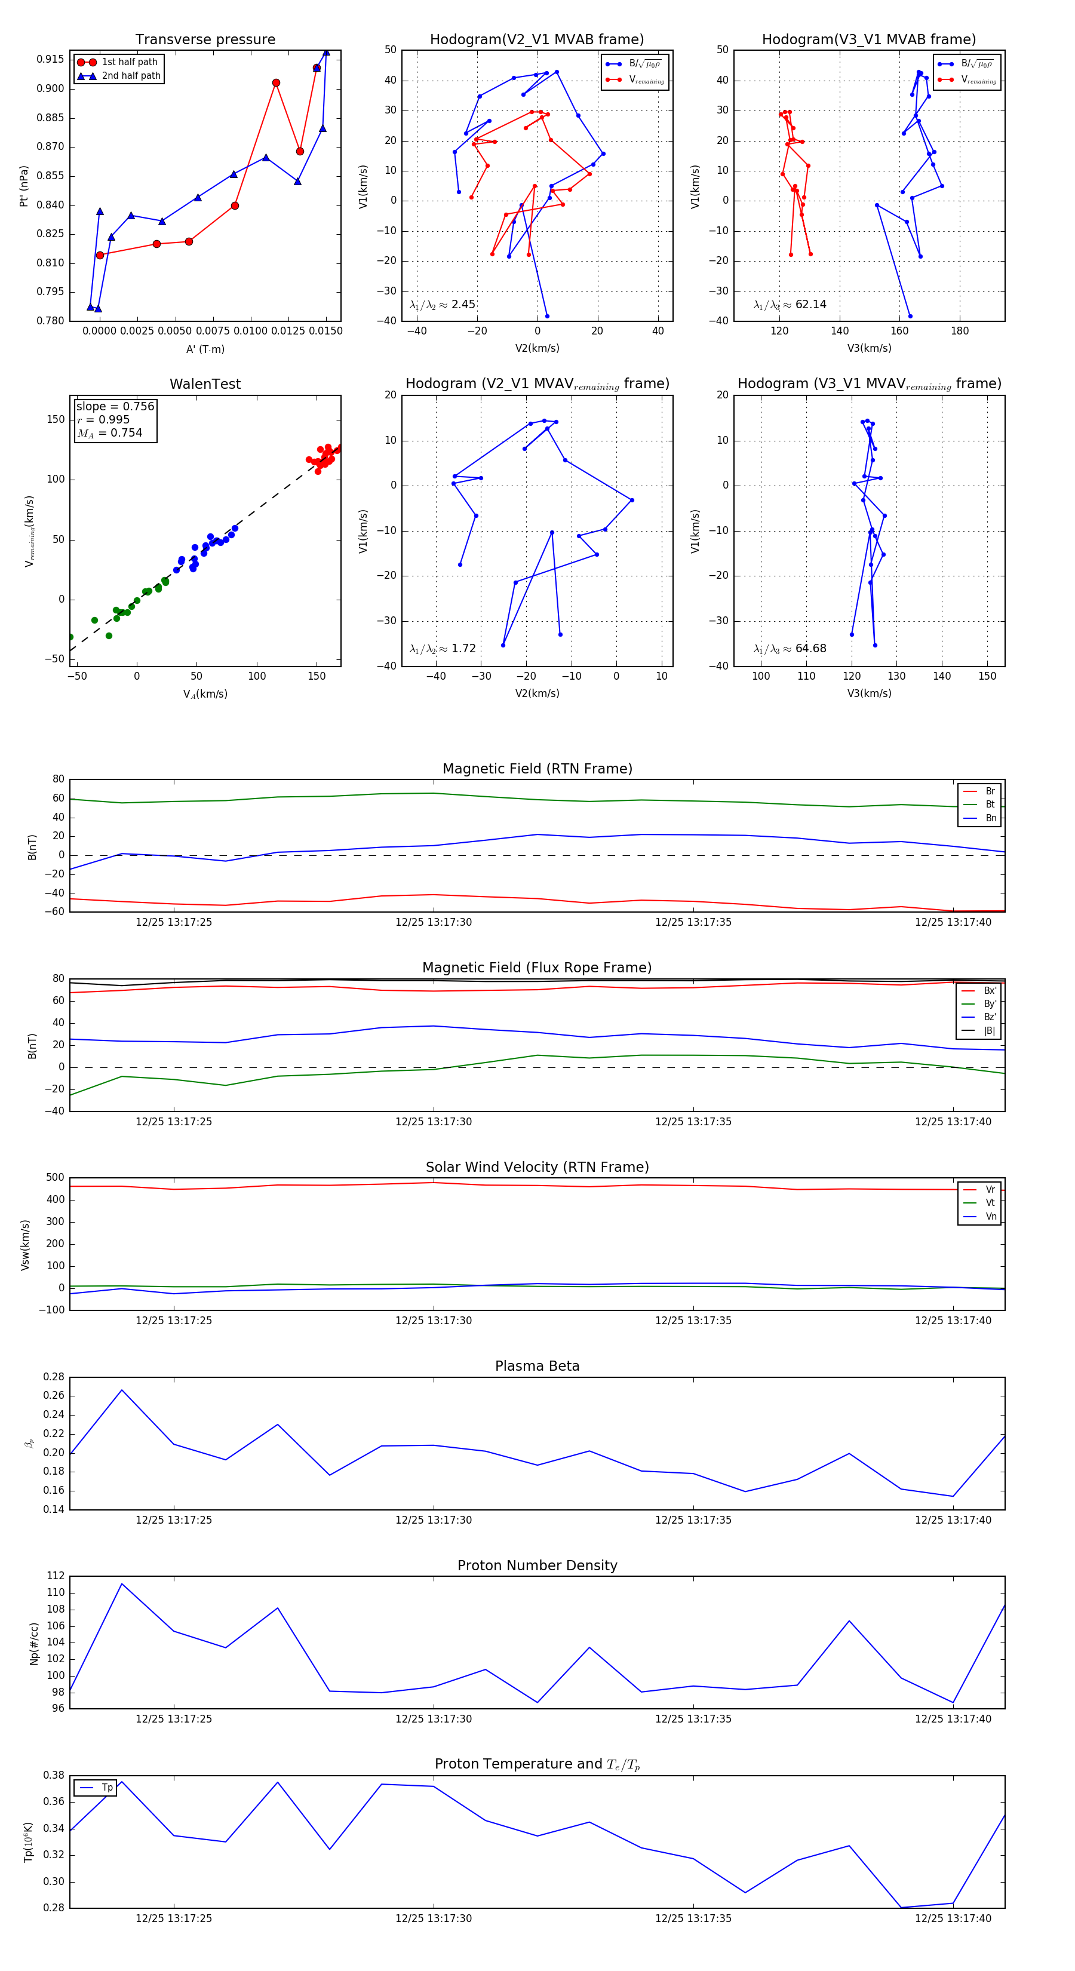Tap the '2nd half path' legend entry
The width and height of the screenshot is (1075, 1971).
(x=131, y=76)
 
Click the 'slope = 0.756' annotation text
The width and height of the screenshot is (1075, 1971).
(x=115, y=406)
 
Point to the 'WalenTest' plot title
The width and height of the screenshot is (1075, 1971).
(x=205, y=384)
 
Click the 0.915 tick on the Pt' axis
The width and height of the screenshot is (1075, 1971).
(x=51, y=60)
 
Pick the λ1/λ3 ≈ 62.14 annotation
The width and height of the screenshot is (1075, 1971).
(x=790, y=305)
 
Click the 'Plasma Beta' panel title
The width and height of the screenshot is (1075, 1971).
(x=537, y=1366)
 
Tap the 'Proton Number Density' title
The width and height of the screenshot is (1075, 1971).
(x=537, y=1565)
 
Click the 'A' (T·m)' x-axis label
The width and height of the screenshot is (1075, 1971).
(x=205, y=349)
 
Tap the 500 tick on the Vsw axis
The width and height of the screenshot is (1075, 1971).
(x=54, y=1178)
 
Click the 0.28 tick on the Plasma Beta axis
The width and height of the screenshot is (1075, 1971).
(x=54, y=1377)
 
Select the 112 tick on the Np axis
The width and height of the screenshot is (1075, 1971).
(x=55, y=1576)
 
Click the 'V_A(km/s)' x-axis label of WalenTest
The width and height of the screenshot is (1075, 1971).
(x=205, y=694)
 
